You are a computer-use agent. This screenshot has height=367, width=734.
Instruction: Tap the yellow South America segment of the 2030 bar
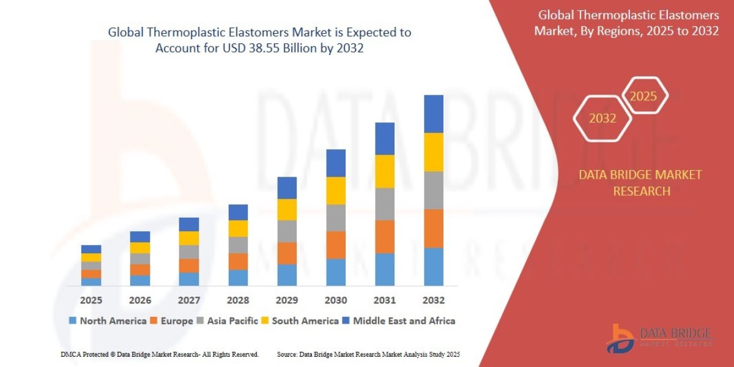(x=335, y=190)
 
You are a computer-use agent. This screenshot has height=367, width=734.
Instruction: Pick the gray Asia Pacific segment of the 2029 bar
(x=286, y=231)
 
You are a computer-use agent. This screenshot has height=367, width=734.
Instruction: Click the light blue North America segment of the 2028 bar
(x=237, y=278)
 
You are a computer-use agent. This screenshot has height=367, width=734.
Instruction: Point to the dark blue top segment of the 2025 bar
(x=91, y=249)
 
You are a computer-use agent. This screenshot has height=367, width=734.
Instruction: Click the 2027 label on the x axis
(x=188, y=300)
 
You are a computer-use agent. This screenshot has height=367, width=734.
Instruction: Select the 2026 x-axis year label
(x=139, y=300)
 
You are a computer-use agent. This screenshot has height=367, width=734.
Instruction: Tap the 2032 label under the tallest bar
(x=433, y=300)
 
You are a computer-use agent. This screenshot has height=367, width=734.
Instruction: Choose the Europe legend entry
(x=172, y=321)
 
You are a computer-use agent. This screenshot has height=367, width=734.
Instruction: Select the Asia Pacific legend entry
(x=227, y=321)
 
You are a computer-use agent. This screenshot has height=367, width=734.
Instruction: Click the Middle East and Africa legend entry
(x=398, y=321)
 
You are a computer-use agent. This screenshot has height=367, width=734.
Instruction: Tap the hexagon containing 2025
(x=643, y=96)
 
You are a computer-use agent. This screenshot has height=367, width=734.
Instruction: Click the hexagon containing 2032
(x=602, y=118)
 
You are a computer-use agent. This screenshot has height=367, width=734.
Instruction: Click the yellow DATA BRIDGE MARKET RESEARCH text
(x=640, y=183)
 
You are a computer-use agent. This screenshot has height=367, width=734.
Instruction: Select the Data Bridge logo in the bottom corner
(x=661, y=338)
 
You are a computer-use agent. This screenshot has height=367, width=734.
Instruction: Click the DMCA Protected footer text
(x=160, y=354)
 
